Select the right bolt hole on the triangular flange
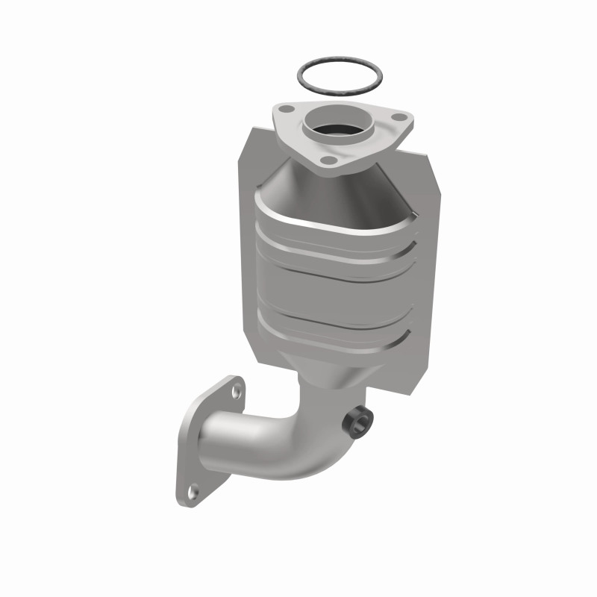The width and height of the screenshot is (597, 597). coord(400,117)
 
